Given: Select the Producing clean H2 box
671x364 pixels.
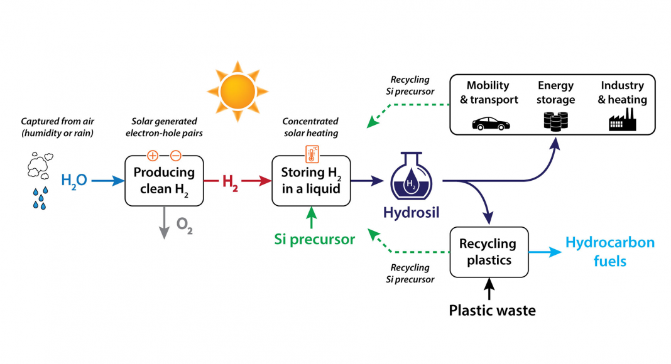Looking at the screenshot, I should [x=164, y=180].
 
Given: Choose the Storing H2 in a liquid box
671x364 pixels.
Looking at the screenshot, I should [x=310, y=180].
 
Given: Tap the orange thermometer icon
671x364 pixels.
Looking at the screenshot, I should [x=310, y=153].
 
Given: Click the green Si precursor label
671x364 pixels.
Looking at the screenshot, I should [x=314, y=239].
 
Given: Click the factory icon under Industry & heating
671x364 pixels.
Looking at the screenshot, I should [x=622, y=120].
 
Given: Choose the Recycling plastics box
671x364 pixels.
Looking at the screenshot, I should [x=488, y=251].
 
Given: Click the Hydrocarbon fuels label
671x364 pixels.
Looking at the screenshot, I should [x=609, y=251].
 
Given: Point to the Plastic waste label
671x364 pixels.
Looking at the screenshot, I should [x=492, y=310].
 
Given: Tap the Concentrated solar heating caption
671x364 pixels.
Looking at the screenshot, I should [x=310, y=127].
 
